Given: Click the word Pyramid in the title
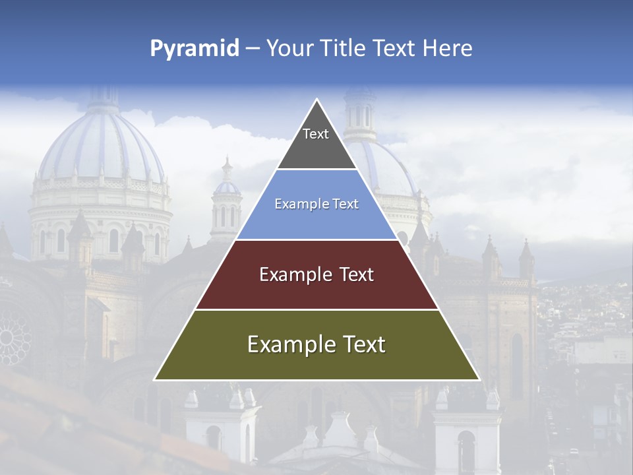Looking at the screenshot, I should pyautogui.click(x=195, y=49).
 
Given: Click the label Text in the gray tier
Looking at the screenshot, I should pyautogui.click(x=316, y=134).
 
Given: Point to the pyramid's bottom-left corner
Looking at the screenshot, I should pyautogui.click(x=155, y=379).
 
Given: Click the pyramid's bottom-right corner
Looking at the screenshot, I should pyautogui.click(x=479, y=379).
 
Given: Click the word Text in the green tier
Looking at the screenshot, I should pyautogui.click(x=363, y=344).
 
